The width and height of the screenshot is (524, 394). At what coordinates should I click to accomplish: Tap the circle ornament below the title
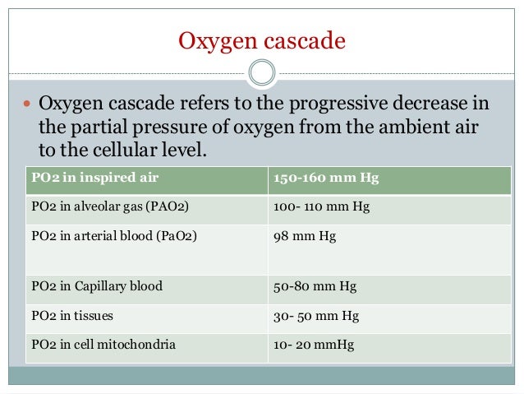tap(262, 72)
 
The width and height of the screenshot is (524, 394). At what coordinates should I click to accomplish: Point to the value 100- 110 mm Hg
tap(321, 206)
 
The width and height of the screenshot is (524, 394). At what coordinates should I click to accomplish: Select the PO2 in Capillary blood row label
tap(97, 286)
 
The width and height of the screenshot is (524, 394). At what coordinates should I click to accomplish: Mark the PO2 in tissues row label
tap(72, 315)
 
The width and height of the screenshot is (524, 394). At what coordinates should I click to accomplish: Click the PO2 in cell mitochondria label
tap(103, 345)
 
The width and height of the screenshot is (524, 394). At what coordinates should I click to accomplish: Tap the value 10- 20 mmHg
tap(313, 345)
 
